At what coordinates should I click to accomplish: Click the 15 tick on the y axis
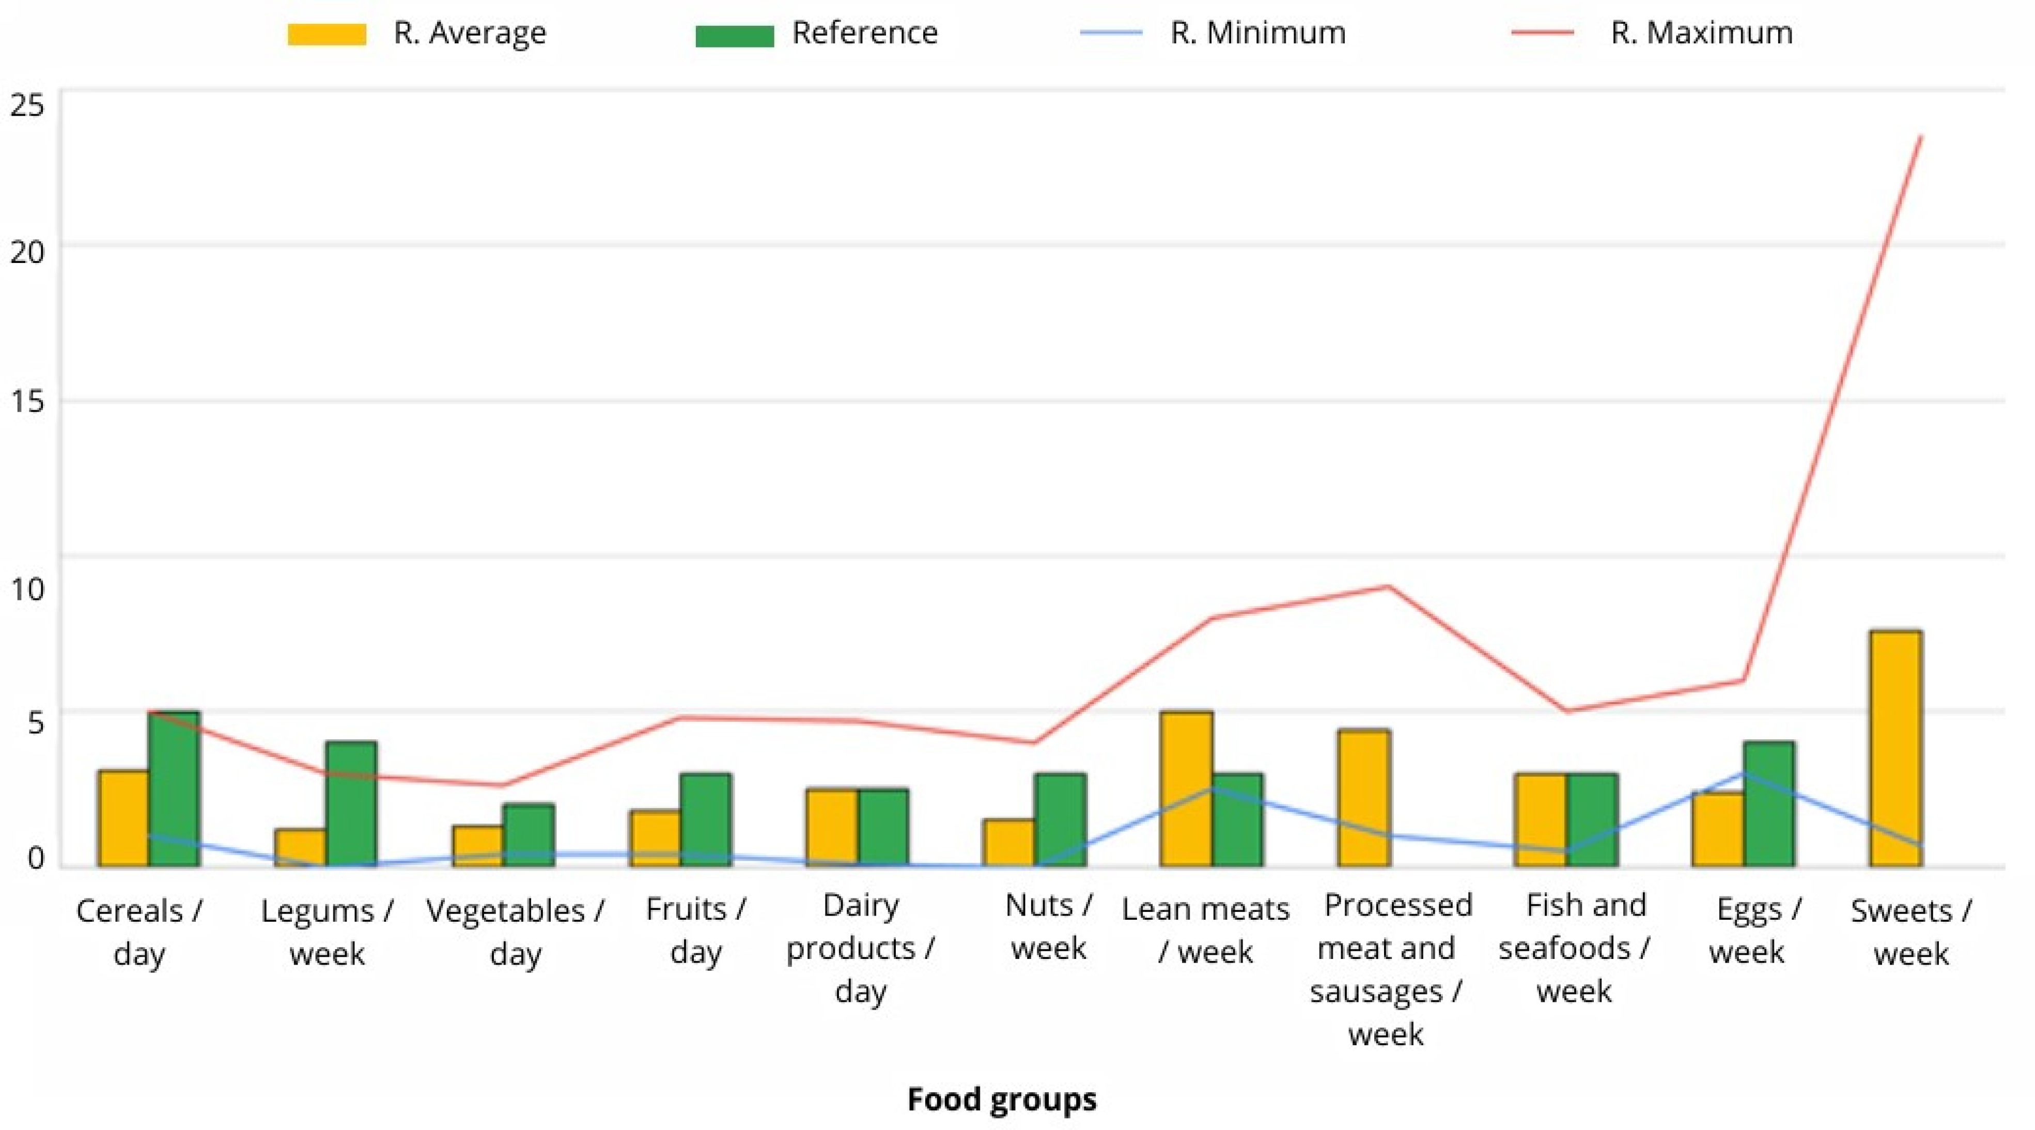[x=28, y=401]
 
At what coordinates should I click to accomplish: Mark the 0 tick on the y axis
[x=36, y=858]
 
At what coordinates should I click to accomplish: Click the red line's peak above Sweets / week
[x=1920, y=137]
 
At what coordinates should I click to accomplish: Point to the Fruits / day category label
[x=695, y=930]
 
